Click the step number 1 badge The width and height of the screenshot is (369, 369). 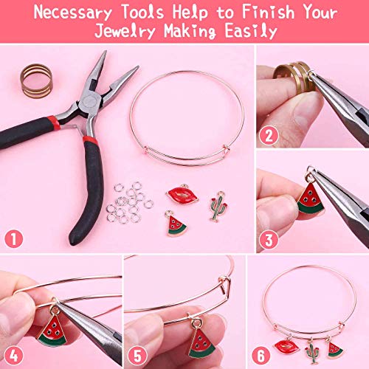point(13,238)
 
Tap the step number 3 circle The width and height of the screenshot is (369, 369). point(269,238)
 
